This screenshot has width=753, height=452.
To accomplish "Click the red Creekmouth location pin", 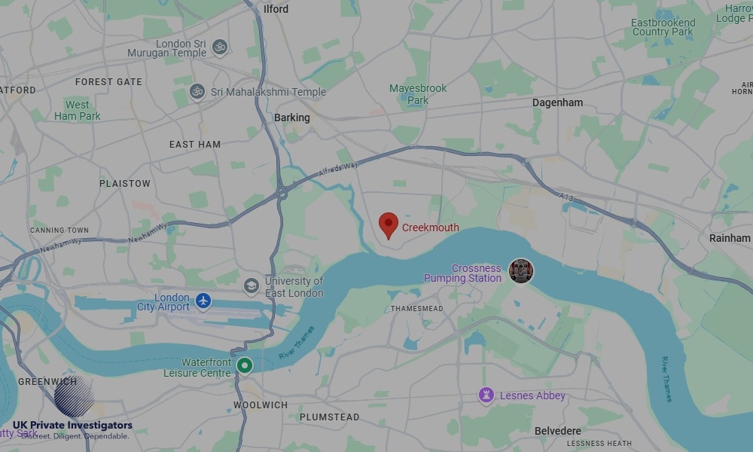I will pyautogui.click(x=388, y=224).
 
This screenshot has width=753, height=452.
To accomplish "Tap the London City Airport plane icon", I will pyautogui.click(x=203, y=301).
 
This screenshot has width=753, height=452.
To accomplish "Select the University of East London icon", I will pyautogui.click(x=251, y=286).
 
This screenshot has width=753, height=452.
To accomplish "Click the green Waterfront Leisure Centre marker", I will pyautogui.click(x=244, y=366).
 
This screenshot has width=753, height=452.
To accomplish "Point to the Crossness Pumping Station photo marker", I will pyautogui.click(x=520, y=271).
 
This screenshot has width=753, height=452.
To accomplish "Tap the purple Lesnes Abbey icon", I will pyautogui.click(x=486, y=395).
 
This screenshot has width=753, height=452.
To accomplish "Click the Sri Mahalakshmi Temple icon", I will pyautogui.click(x=197, y=92).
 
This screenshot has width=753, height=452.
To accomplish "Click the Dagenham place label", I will pyautogui.click(x=557, y=102).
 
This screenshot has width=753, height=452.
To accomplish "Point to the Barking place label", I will pyautogui.click(x=291, y=118).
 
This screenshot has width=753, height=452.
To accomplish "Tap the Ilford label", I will pyautogui.click(x=276, y=9).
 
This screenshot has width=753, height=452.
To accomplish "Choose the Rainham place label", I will pyautogui.click(x=730, y=238).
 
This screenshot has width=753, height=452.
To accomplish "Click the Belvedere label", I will pyautogui.click(x=557, y=431).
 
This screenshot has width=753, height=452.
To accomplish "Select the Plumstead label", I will pyautogui.click(x=329, y=417).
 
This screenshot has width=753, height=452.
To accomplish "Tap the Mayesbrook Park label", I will pyautogui.click(x=418, y=94).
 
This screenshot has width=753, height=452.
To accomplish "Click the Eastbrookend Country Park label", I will pyautogui.click(x=663, y=27).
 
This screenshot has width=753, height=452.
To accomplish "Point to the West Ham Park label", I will pyautogui.click(x=77, y=110).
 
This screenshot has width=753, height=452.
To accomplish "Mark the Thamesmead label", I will pyautogui.click(x=417, y=309).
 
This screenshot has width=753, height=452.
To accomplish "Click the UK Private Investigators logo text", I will pyautogui.click(x=72, y=426).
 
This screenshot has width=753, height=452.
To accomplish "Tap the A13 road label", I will pyautogui.click(x=566, y=197).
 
